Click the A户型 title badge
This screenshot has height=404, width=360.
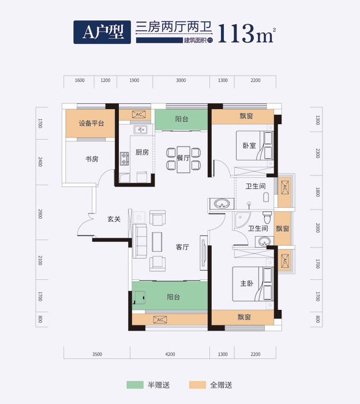pyautogui.click(x=102, y=32)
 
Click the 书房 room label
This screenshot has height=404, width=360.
pyautogui.click(x=91, y=159)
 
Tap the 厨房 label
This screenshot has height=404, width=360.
pyautogui.click(x=142, y=152)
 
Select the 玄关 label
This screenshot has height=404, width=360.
pyautogui.click(x=114, y=219)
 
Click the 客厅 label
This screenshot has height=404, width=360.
pyautogui.click(x=183, y=247)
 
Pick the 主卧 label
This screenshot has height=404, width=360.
pyautogui.click(x=246, y=283)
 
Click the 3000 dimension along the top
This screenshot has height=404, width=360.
pyautogui.click(x=181, y=80)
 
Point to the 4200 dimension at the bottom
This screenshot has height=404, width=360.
pyautogui.click(x=170, y=354)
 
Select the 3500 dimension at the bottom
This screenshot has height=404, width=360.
pyautogui.click(x=97, y=354)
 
